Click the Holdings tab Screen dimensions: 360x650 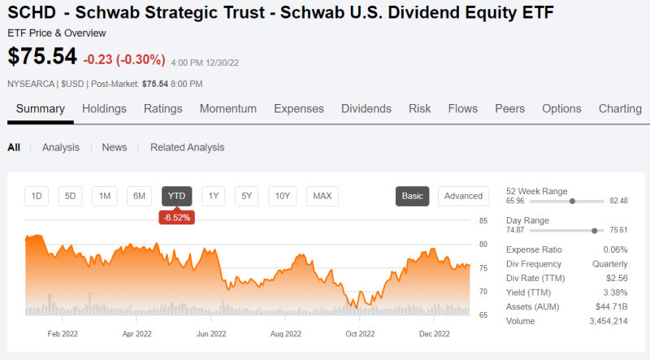coord(104,109)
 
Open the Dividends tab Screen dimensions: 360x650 coord(366,109)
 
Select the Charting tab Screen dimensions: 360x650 coord(620,109)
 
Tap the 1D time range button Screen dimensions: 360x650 coord(37,196)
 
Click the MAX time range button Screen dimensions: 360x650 coord(323,196)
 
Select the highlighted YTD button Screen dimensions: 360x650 coord(177,196)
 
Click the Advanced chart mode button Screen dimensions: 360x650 coord(463,196)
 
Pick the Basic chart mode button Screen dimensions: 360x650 coord(413,196)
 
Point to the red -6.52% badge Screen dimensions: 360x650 coord(176,217)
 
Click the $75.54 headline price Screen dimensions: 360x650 coord(42,57)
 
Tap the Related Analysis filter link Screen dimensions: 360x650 coord(187,147)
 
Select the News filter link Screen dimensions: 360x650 coord(114,147)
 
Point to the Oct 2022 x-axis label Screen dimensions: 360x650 coord(360,333)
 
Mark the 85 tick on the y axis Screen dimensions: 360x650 coord(483,221)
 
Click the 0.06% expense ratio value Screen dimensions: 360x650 coord(614,250)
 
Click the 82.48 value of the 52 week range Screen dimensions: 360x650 coord(618,201)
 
